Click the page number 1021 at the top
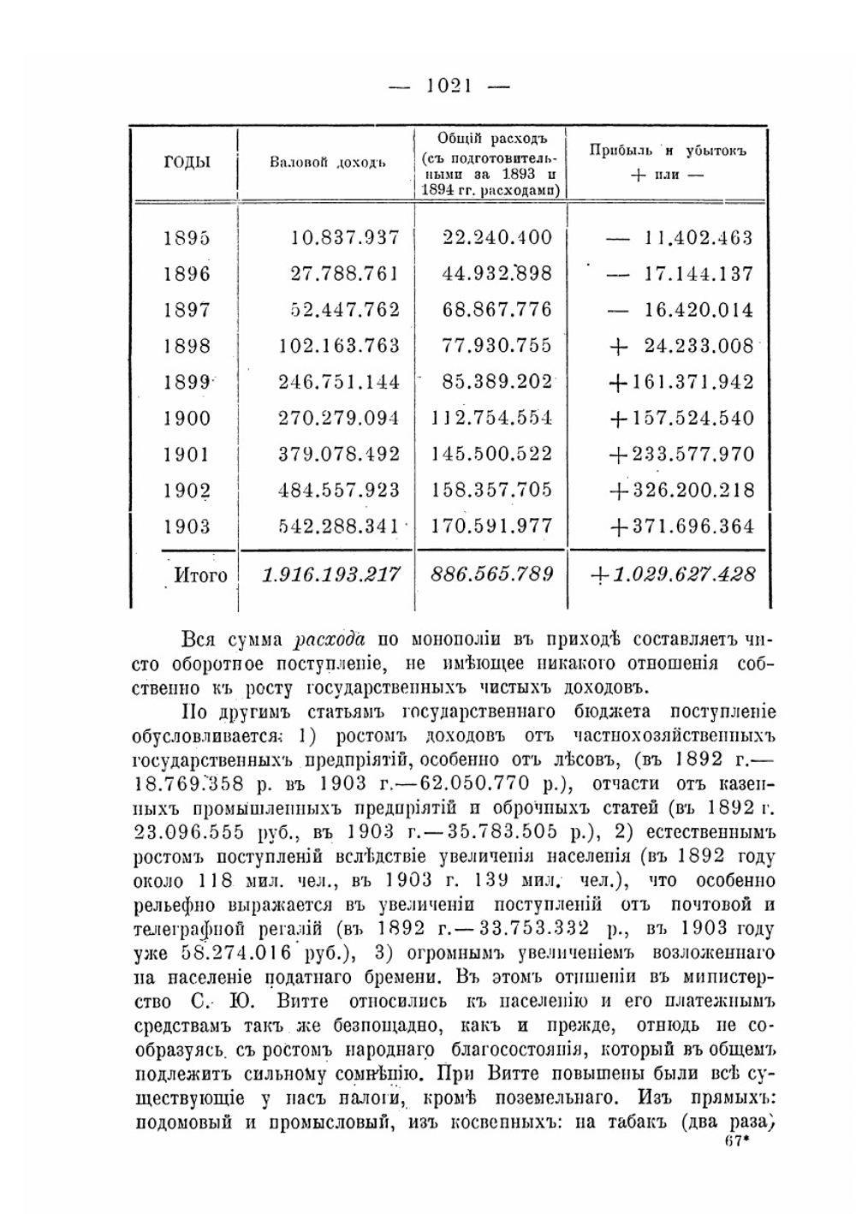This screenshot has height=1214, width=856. (x=449, y=85)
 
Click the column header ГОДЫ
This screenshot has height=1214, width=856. (x=187, y=163)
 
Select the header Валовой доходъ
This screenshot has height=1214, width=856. (x=327, y=163)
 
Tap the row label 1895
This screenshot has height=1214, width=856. (x=186, y=238)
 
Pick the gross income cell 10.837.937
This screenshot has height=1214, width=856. (x=345, y=238)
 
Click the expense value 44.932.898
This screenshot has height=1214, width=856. (x=497, y=274)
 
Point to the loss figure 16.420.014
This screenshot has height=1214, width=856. (x=698, y=310)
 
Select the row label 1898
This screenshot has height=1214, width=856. (x=186, y=346)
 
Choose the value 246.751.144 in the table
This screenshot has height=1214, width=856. (x=339, y=382)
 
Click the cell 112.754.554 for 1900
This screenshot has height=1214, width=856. (x=491, y=418)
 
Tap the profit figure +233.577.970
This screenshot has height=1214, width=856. (x=681, y=454)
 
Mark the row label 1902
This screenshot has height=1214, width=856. (x=186, y=490)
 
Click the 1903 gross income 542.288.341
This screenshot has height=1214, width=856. (x=339, y=526)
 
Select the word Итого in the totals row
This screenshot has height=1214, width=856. (x=200, y=574)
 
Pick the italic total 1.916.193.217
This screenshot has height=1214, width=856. (x=331, y=574)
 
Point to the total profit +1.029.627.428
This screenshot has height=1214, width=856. (x=674, y=574)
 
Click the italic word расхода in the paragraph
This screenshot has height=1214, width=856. (x=330, y=640)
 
